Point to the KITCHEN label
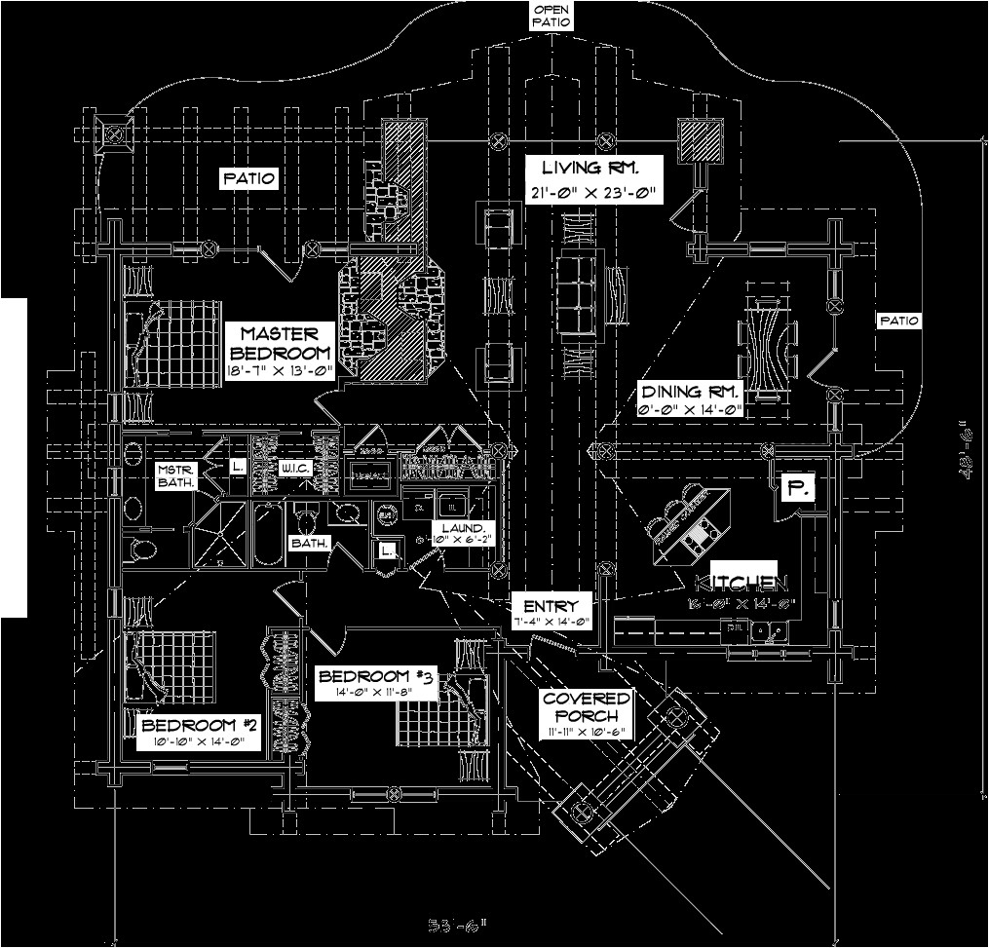pyautogui.click(x=741, y=583)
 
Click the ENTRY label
pyautogui.click(x=551, y=605)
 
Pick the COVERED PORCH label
pyautogui.click(x=587, y=707)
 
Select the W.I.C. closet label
pyautogui.click(x=295, y=470)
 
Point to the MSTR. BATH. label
pyautogui.click(x=176, y=475)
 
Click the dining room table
pyautogui.click(x=770, y=340)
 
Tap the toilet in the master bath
pyautogui.click(x=141, y=549)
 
